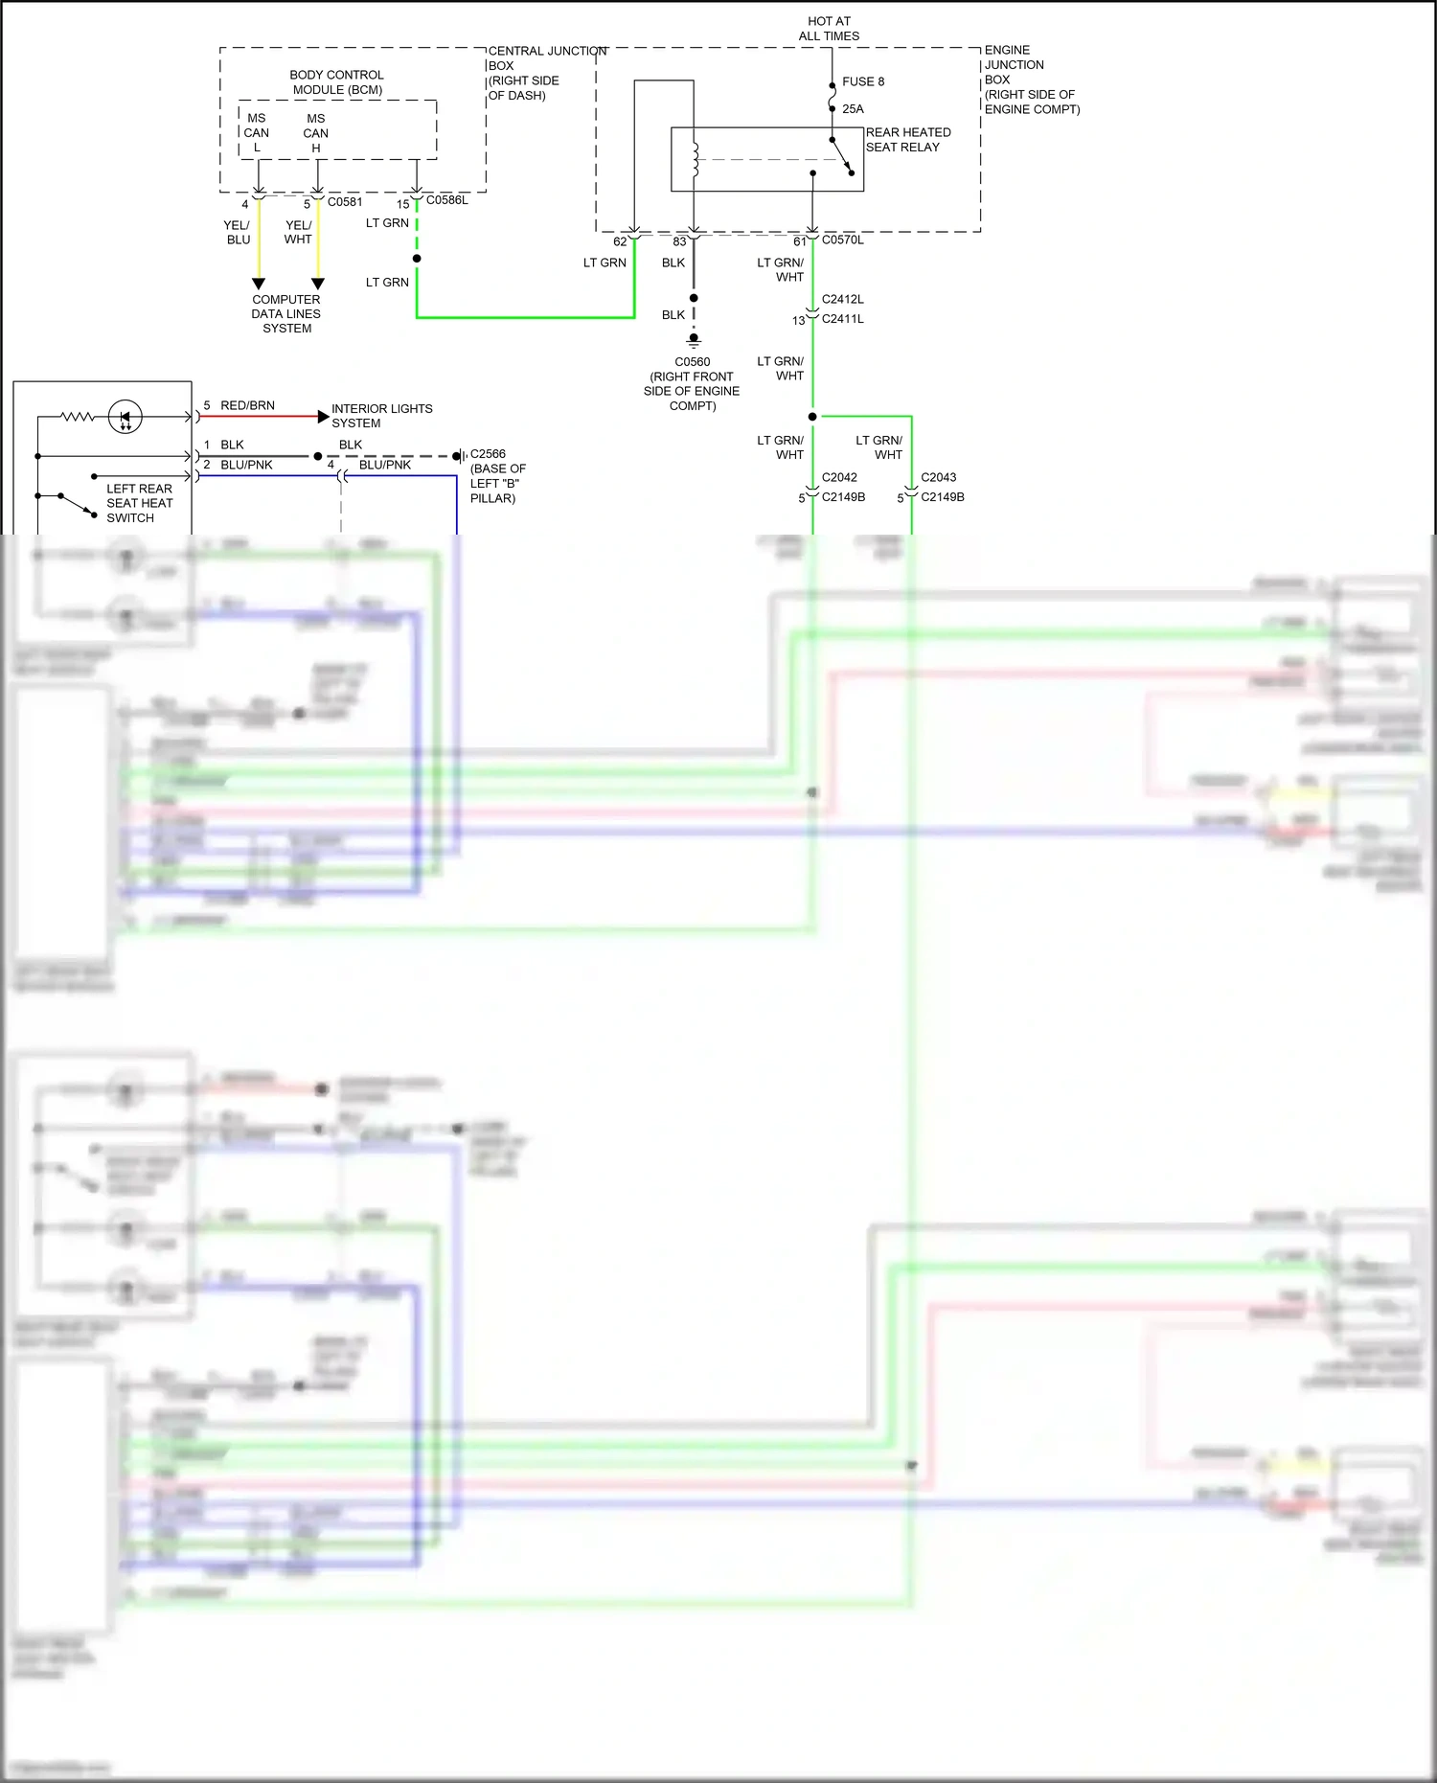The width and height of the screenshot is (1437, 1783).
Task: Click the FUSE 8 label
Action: click(x=862, y=81)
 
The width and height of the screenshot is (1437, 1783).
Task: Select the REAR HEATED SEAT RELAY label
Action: click(x=907, y=140)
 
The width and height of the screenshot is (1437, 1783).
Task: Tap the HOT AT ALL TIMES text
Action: click(x=829, y=29)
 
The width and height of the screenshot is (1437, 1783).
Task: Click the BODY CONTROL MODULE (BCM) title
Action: click(x=337, y=82)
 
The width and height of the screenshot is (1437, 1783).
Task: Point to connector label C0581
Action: click(x=345, y=202)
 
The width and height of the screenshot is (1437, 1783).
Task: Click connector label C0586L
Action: click(x=447, y=200)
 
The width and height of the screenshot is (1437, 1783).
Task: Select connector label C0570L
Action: click(x=842, y=240)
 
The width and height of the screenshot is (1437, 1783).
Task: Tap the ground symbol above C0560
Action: click(x=694, y=339)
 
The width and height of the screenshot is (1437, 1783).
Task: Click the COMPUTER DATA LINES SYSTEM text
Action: click(x=286, y=313)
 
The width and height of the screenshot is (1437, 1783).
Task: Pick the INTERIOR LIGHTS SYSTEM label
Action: click(x=381, y=416)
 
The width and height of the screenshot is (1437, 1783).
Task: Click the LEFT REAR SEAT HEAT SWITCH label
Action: click(x=139, y=503)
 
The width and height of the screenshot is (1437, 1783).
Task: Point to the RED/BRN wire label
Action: click(x=247, y=405)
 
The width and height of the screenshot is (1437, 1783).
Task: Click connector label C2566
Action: click(x=488, y=454)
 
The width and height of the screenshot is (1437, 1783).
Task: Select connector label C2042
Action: click(x=839, y=477)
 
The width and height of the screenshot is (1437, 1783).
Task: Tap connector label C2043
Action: click(x=938, y=477)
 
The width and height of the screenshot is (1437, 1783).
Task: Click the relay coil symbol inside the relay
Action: click(x=695, y=160)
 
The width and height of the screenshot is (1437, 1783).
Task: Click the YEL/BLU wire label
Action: click(x=238, y=233)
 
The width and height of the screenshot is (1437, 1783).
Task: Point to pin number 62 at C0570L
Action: click(x=620, y=241)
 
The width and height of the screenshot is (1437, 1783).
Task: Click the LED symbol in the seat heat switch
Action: click(x=125, y=418)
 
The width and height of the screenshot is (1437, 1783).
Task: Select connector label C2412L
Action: click(x=842, y=299)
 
